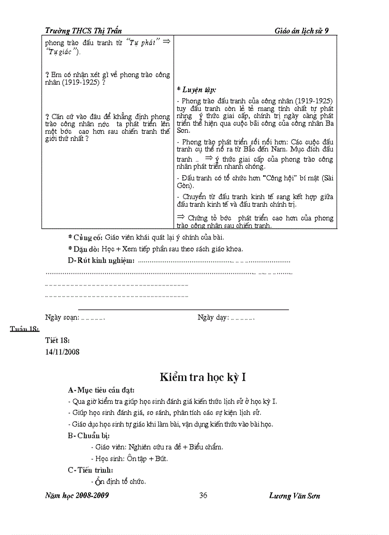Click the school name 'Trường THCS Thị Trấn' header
point(83,30)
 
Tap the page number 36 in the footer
point(203,495)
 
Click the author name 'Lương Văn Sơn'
point(294,495)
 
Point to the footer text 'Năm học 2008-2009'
point(77,495)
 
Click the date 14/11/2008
point(62,352)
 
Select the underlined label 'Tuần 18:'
point(24,329)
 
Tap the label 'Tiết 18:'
point(57,340)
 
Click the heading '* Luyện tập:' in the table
point(196,90)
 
